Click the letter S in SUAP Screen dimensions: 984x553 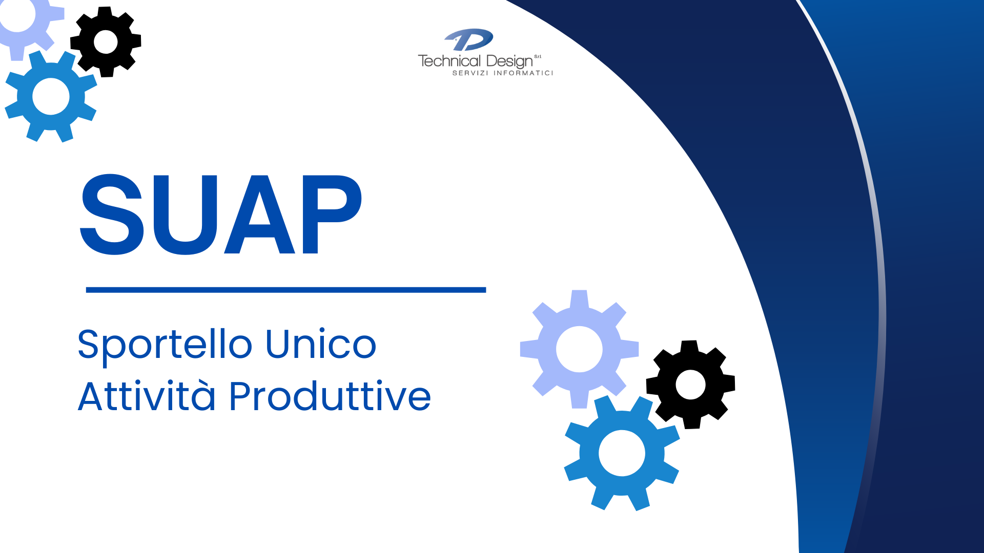[x=112, y=214]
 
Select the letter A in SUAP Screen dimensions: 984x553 [x=259, y=214]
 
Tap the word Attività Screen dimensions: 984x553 [x=147, y=395]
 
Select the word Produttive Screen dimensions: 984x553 [x=330, y=395]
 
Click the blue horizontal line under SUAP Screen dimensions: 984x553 [x=286, y=290]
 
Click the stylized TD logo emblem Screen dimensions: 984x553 [x=469, y=40]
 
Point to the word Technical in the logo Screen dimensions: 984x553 [x=449, y=61]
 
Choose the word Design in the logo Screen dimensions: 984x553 [x=509, y=62]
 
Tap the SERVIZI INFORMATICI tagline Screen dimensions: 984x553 [x=503, y=73]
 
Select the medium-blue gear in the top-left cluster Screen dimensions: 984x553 [x=51, y=96]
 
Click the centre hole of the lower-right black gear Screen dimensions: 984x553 [x=691, y=385]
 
